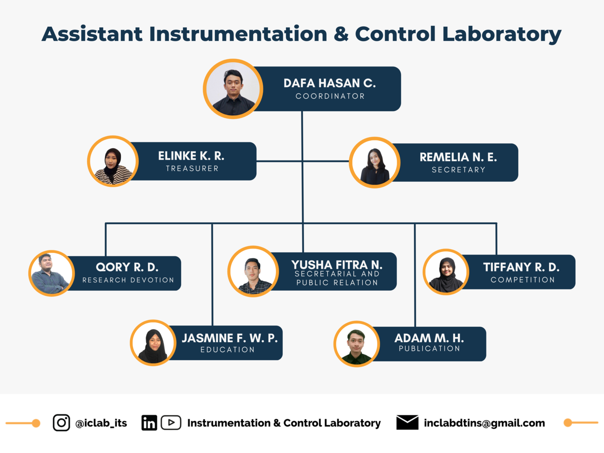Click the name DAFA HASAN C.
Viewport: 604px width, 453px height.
pos(330,83)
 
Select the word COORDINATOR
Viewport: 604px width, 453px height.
pos(330,96)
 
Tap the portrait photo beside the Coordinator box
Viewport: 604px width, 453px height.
pos(233,89)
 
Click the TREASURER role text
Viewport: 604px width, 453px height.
pos(192,169)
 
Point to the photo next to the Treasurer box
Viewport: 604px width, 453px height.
pos(113,161)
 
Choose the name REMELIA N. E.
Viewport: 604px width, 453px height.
pos(458,157)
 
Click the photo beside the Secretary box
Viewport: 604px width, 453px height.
pos(375,162)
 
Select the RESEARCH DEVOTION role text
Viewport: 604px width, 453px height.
pos(128,280)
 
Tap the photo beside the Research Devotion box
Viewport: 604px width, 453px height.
pos(52,273)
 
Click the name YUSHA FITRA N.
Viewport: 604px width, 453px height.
pos(337,265)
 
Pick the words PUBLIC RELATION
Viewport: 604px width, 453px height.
pos(337,283)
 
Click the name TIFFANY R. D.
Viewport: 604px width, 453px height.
pos(521,267)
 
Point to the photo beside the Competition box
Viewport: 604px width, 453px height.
pos(446,272)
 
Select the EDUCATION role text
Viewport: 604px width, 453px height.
pos(227,350)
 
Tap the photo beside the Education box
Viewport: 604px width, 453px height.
pos(153,343)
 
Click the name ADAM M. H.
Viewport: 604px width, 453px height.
pos(429,338)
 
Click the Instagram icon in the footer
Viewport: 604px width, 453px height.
pos(61,423)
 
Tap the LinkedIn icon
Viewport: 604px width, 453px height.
pos(149,423)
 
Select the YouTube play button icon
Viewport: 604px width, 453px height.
pos(171,423)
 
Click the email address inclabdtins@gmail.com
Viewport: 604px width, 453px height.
pos(484,423)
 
